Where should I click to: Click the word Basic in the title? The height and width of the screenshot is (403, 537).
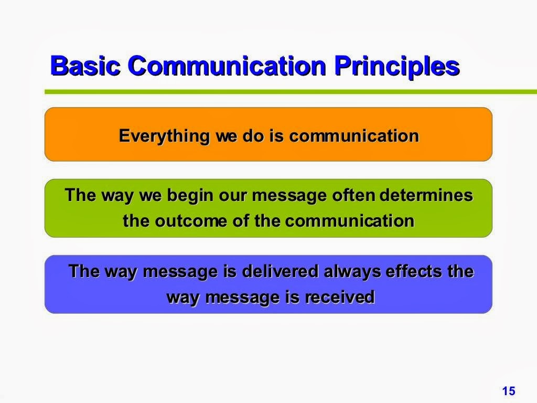pyautogui.click(x=85, y=65)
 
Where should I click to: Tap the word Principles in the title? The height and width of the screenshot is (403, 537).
pyautogui.click(x=397, y=67)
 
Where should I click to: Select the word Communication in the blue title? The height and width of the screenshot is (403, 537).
pyautogui.click(x=227, y=65)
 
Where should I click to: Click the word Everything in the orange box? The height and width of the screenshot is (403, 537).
pyautogui.click(x=164, y=136)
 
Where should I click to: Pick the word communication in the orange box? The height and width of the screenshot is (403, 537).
pyautogui.click(x=354, y=136)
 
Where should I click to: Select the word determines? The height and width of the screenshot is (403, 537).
pyautogui.click(x=426, y=195)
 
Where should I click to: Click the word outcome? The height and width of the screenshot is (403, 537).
pyautogui.click(x=191, y=221)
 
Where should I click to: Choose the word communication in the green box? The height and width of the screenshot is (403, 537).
pyautogui.click(x=350, y=220)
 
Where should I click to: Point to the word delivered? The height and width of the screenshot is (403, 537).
pyautogui.click(x=280, y=271)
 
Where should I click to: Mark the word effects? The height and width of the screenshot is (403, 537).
pyautogui.click(x=414, y=271)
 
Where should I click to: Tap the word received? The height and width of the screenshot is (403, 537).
pyautogui.click(x=340, y=297)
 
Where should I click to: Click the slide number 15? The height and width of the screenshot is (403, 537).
pyautogui.click(x=509, y=390)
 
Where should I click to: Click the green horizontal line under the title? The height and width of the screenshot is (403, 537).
pyautogui.click(x=291, y=92)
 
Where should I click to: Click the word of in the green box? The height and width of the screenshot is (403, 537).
pyautogui.click(x=241, y=220)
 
